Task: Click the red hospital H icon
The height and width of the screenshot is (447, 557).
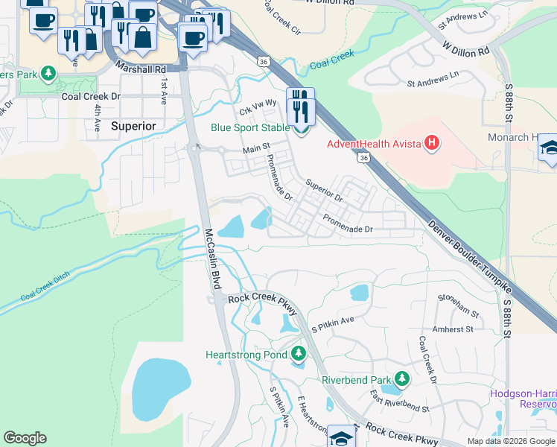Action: (430, 143)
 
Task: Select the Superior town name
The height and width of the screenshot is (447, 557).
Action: (133, 126)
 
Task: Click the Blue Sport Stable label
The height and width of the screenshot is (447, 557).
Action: (250, 127)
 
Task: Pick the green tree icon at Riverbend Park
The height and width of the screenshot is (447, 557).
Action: (402, 379)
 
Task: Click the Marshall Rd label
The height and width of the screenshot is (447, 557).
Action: (140, 68)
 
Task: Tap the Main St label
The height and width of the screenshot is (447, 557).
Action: (256, 150)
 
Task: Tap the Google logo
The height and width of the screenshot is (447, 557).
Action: (25, 438)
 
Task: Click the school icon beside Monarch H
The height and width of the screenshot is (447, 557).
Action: (548, 147)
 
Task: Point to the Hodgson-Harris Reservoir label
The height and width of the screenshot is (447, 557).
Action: (523, 399)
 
